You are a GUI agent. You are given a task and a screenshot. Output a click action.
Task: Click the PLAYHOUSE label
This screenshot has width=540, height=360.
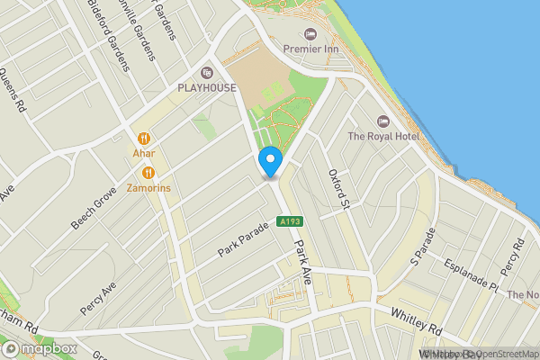click(x=206, y=88)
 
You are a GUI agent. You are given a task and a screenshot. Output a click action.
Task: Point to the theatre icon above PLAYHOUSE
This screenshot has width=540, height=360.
click(x=206, y=72)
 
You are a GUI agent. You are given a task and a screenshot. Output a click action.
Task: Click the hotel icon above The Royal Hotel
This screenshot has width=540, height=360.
click(x=383, y=121)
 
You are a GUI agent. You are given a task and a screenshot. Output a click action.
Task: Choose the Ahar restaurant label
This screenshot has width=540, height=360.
click(x=144, y=154)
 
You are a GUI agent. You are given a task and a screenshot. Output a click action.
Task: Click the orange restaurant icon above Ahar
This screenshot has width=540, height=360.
click(x=144, y=139)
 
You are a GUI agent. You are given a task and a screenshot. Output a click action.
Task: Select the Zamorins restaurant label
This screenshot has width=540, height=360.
click(x=149, y=188)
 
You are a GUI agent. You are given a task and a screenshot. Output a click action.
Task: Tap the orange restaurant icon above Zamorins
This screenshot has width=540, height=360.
click(x=149, y=172)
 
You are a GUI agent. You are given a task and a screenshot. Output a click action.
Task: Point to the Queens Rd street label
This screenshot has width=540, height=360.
click(x=14, y=91)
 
